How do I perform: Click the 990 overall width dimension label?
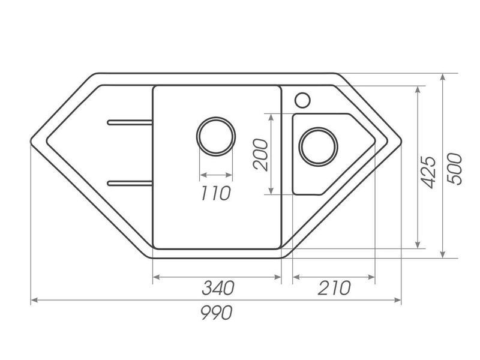pyautogui.click(x=217, y=313)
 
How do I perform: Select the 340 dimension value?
pyautogui.click(x=218, y=288)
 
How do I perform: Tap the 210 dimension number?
pyautogui.click(x=334, y=288)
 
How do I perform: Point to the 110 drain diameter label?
pyautogui.click(x=215, y=193)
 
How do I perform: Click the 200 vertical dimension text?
pyautogui.click(x=261, y=155)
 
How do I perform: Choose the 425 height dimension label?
pyautogui.click(x=427, y=172)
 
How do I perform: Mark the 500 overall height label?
pyautogui.click(x=454, y=169)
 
